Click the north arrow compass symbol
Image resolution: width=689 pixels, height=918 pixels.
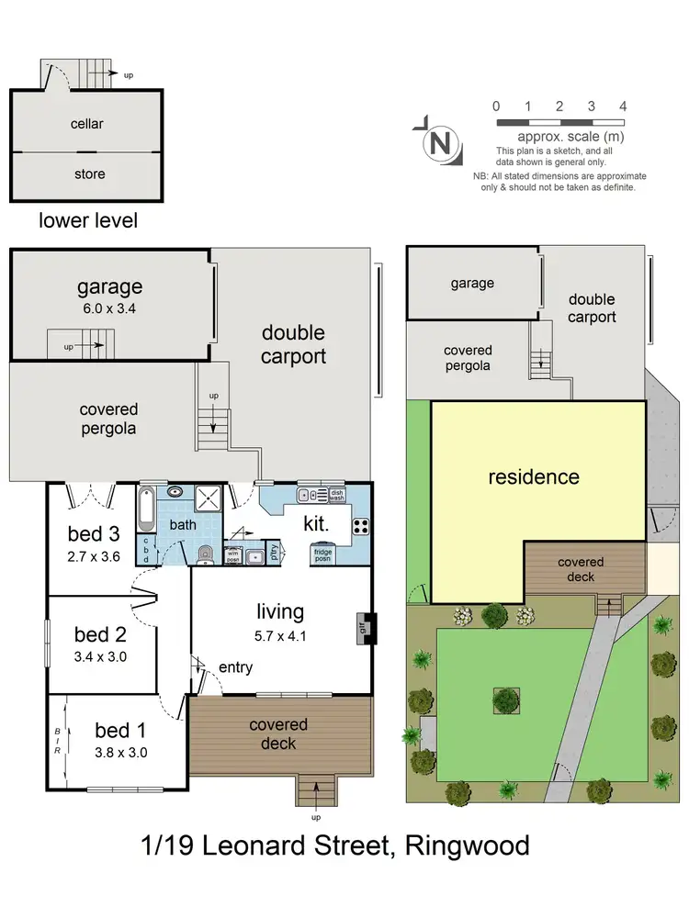439,142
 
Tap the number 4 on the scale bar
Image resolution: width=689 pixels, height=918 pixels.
623,106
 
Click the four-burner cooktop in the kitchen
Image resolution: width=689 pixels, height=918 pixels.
360,526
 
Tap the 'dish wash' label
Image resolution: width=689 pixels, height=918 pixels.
336,496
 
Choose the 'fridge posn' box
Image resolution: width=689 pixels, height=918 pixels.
323,554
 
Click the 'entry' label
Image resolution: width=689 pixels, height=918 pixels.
235,667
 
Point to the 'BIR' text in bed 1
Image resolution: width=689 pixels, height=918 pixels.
58,740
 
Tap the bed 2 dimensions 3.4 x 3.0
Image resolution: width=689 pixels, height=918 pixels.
100,656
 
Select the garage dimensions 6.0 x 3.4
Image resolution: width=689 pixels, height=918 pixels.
109,308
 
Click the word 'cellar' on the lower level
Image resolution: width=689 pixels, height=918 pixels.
87,124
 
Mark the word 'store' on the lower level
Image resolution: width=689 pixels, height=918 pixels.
89,174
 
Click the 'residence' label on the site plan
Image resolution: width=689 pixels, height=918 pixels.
533,476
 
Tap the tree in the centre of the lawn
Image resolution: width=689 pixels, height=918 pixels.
505,700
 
